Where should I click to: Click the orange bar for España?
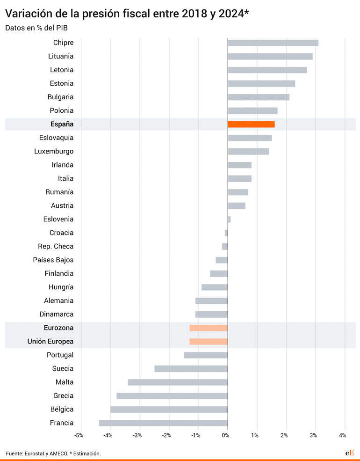click(251, 124)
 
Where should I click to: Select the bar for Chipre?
click(273, 43)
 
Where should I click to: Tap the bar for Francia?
click(163, 423)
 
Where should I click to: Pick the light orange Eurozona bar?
click(209, 328)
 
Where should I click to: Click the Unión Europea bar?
click(209, 341)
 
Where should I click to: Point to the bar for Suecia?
click(191, 369)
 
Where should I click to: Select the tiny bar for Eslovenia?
click(229, 219)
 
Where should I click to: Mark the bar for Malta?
click(178, 382)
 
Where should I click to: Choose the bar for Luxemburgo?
click(248, 151)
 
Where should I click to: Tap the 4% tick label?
click(343, 436)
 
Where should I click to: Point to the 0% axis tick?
click(225, 436)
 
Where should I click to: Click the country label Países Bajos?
click(53, 260)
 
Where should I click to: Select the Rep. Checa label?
click(56, 246)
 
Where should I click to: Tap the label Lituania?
click(61, 56)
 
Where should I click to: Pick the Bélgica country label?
click(62, 410)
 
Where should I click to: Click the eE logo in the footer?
click(350, 453)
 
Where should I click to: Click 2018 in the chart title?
click(191, 14)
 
